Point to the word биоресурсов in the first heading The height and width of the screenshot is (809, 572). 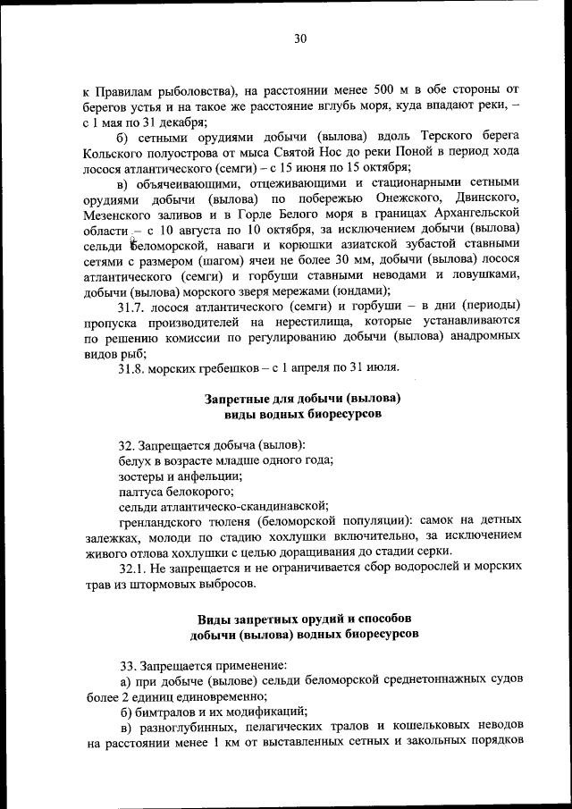tap(343, 416)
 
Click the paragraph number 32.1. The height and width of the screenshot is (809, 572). tap(134, 568)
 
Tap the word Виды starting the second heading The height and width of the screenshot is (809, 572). tap(214, 619)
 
